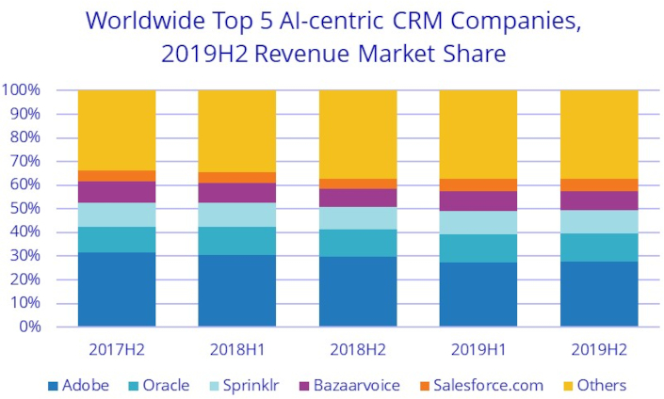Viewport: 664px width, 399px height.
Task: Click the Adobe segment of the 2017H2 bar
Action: [116, 289]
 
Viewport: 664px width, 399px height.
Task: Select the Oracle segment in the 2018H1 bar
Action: [236, 241]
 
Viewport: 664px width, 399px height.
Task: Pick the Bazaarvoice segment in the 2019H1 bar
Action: [478, 200]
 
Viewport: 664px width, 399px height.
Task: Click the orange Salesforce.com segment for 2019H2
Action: [598, 185]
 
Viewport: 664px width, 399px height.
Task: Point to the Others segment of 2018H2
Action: [357, 135]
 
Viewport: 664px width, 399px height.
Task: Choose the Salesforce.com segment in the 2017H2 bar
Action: [116, 176]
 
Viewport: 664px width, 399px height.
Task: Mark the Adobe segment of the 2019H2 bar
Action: [598, 294]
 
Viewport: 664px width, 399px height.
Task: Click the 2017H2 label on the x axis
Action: [116, 349]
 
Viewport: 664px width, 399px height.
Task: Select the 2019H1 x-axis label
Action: [478, 349]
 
